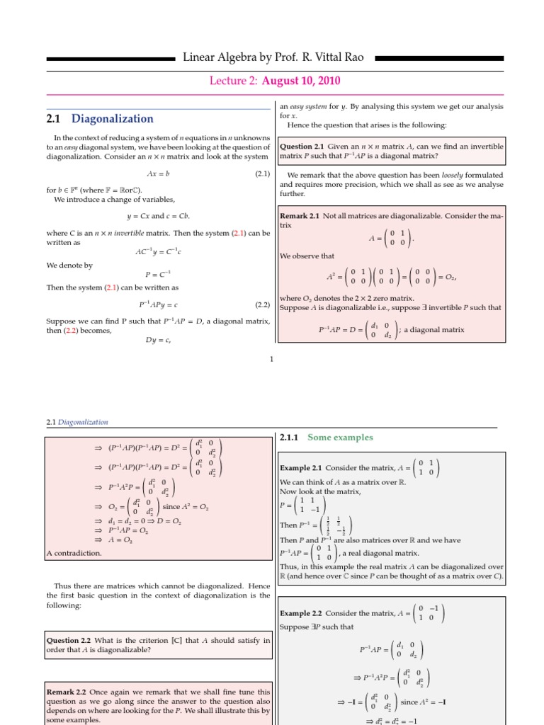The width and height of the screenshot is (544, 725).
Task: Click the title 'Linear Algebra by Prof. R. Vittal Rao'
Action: (x=273, y=57)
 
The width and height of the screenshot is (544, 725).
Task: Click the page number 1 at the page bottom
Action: (x=271, y=360)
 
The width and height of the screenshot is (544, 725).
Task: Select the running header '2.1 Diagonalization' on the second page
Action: (x=76, y=422)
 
